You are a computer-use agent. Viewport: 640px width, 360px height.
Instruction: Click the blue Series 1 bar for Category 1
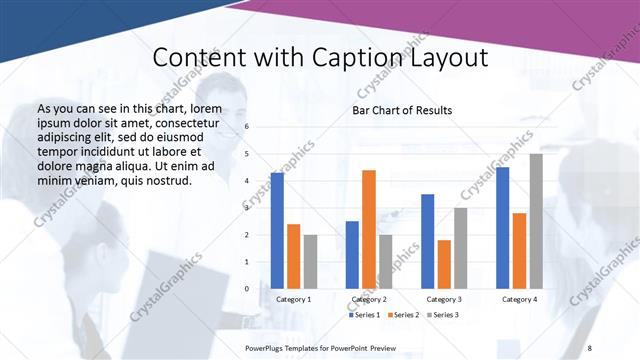(277, 231)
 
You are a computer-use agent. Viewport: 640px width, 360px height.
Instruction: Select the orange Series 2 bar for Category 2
(369, 229)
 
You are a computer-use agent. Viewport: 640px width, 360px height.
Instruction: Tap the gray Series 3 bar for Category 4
(536, 221)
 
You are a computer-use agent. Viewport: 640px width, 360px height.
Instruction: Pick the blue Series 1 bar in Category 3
(428, 241)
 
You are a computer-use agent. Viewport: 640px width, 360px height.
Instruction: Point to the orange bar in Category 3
(444, 264)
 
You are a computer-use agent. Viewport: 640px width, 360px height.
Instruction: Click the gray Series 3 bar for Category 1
(310, 262)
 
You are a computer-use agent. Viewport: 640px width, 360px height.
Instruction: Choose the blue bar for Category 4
(503, 228)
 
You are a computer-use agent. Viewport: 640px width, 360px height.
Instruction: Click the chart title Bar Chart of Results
(402, 110)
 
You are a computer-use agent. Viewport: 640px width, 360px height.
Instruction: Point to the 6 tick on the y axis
(247, 127)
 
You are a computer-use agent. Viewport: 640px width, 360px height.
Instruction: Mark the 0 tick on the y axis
(247, 289)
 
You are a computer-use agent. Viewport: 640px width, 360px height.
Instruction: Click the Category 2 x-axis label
(369, 299)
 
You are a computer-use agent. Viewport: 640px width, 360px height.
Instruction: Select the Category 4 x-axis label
(519, 299)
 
